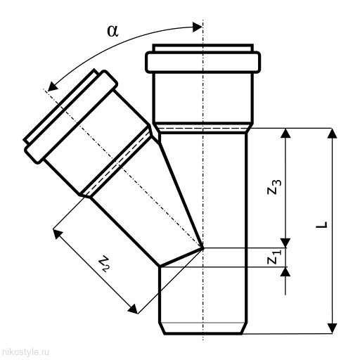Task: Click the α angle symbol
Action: pyautogui.click(x=112, y=31)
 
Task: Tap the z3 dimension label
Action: pyautogui.click(x=274, y=187)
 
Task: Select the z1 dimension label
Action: pyautogui.click(x=274, y=257)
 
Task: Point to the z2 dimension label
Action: pyautogui.click(x=104, y=264)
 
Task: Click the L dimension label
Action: pyautogui.click(x=321, y=224)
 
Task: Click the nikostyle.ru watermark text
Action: pyautogui.click(x=25, y=352)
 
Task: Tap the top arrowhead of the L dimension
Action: pyautogui.click(x=332, y=133)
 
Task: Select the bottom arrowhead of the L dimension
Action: pyautogui.click(x=332, y=328)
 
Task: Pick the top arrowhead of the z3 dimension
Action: pyautogui.click(x=285, y=133)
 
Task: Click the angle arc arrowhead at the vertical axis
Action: pyautogui.click(x=198, y=27)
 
